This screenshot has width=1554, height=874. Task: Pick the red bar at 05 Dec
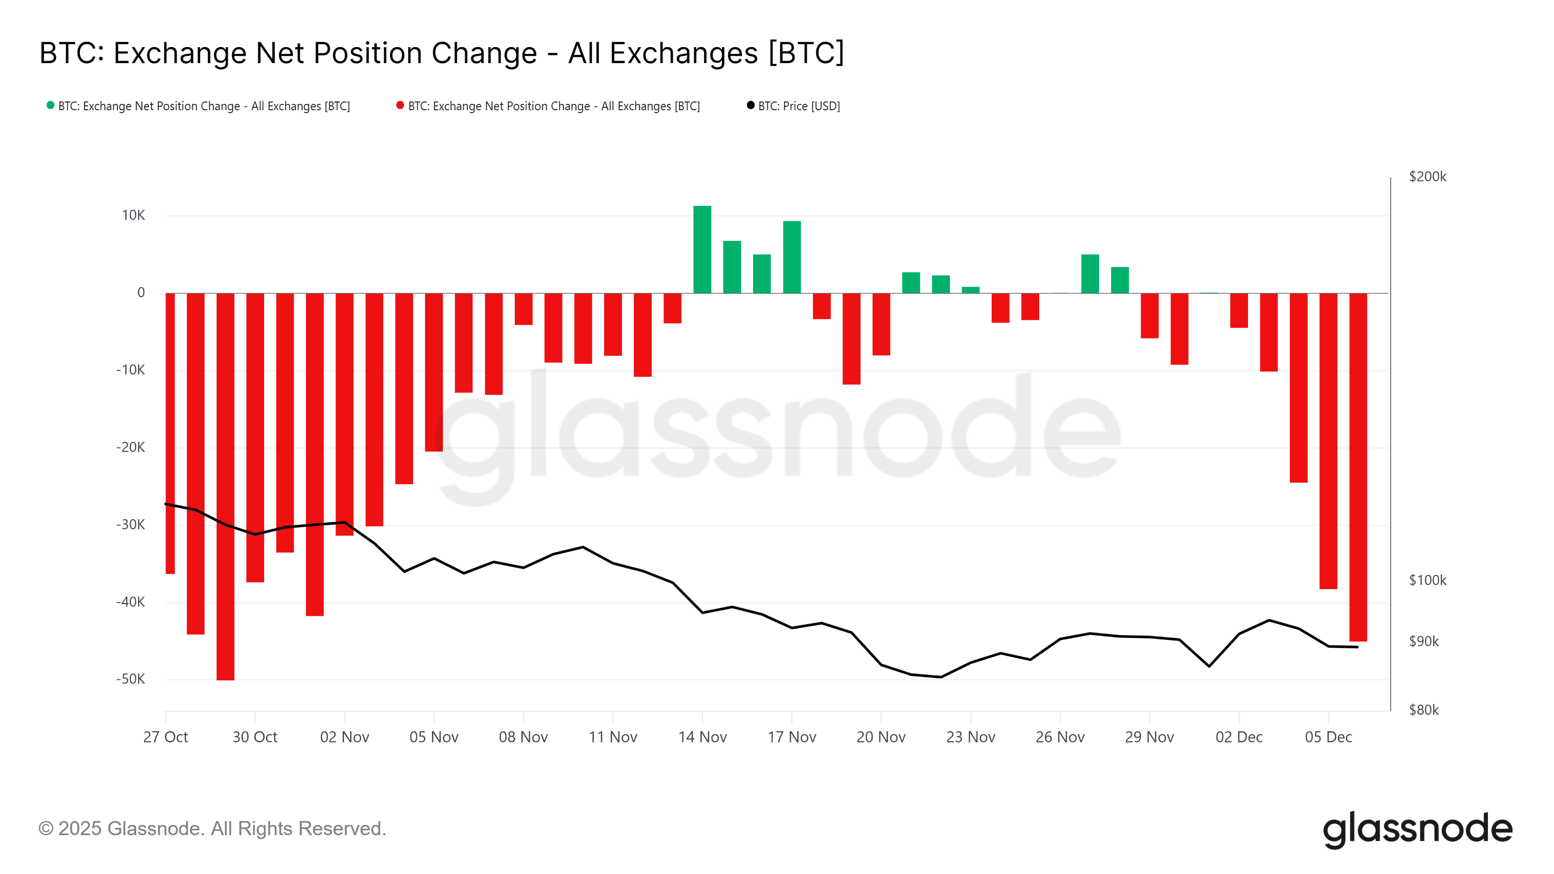(1328, 440)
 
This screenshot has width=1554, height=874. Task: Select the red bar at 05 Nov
(434, 372)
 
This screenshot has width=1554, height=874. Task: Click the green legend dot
(51, 105)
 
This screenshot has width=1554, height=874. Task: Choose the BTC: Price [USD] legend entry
(798, 106)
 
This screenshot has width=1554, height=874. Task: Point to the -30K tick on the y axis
(131, 525)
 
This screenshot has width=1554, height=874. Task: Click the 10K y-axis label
(134, 215)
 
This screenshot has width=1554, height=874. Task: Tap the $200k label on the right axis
(1427, 177)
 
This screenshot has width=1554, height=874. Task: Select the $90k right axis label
(1424, 641)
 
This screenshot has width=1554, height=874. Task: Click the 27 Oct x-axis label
(165, 737)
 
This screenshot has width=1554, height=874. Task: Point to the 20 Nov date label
(881, 737)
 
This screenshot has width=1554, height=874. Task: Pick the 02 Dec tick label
(1238, 737)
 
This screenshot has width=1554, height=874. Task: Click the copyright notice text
(212, 829)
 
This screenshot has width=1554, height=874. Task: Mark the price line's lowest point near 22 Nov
(941, 677)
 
